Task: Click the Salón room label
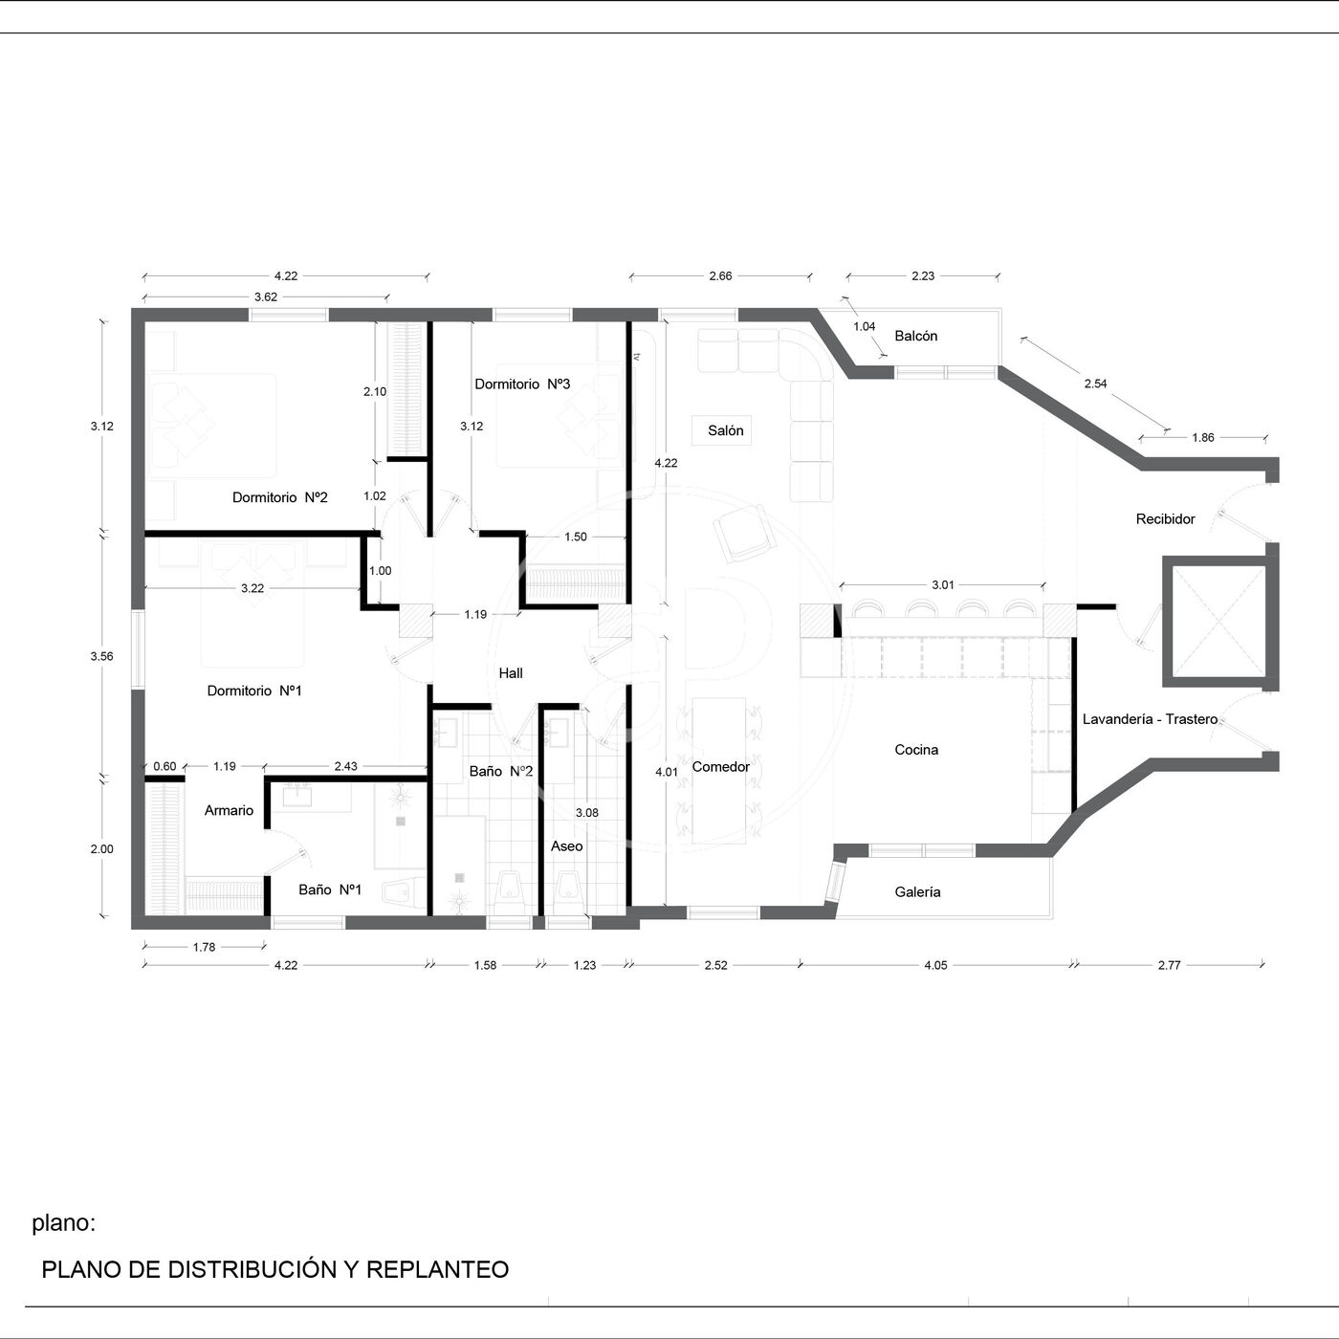725,430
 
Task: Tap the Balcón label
916,337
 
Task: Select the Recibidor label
1165,519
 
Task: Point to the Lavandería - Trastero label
1150,719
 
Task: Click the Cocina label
916,750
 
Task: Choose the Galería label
917,892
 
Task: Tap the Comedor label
720,767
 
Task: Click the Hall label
511,673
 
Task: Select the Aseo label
566,846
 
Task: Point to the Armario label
229,811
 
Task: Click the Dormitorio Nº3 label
522,384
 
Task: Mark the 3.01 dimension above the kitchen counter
943,585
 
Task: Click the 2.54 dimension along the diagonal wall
1096,384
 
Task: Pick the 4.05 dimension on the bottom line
935,965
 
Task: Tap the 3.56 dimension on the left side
101,656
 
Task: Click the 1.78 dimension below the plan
204,947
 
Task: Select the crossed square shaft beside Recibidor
1219,622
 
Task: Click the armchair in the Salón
743,534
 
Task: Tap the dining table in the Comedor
719,771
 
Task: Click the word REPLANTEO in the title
437,1269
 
